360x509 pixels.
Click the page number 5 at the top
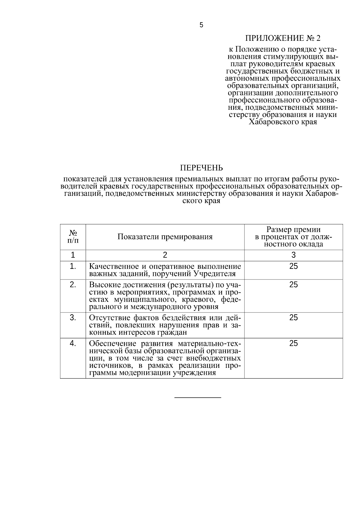click(201, 25)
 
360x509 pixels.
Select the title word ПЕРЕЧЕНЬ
click(201, 167)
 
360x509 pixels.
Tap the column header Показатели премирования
click(165, 237)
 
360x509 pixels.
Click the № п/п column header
click(73, 237)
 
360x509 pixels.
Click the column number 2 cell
click(165, 255)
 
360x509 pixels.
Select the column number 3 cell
click(293, 255)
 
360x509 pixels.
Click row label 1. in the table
click(73, 266)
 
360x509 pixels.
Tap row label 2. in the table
click(73, 285)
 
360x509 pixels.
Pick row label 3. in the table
click(73, 318)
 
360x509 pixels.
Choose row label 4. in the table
click(73, 343)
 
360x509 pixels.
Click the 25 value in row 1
click(293, 266)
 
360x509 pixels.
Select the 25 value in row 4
click(293, 343)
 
